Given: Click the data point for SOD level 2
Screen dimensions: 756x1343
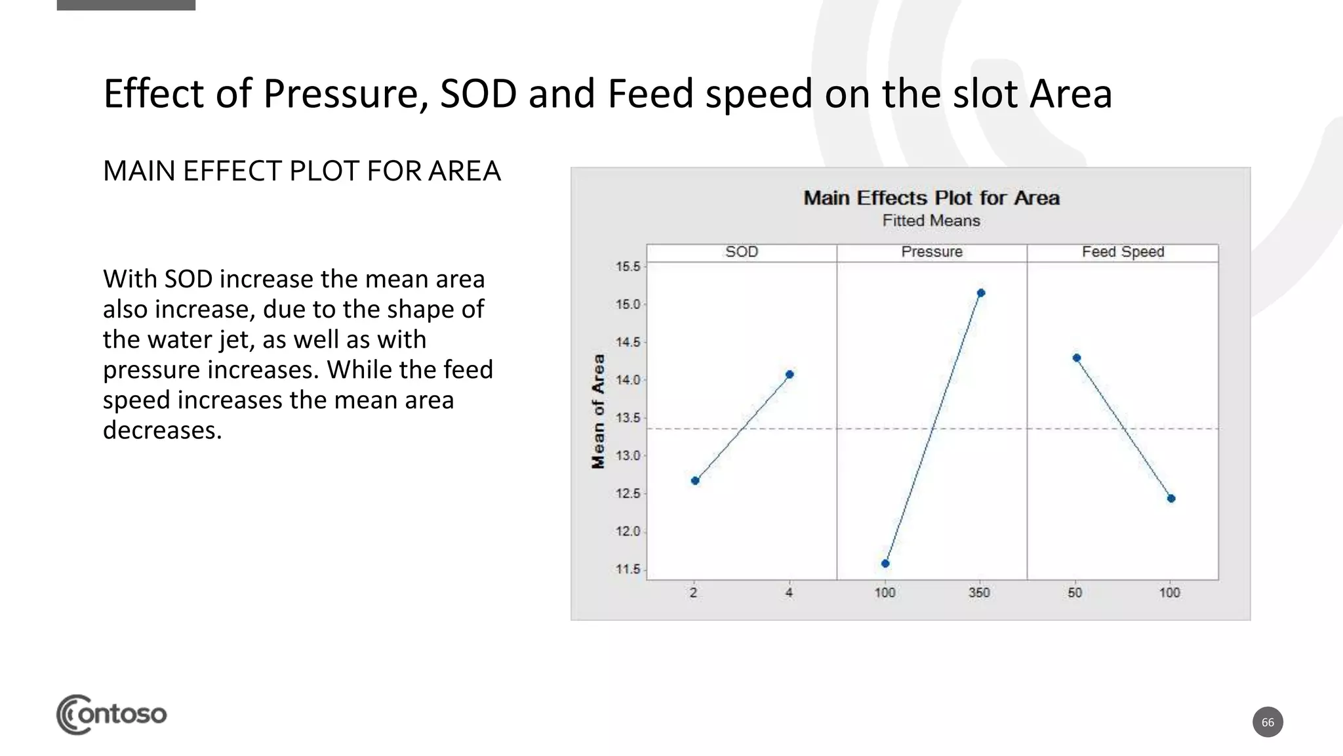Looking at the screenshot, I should (695, 480).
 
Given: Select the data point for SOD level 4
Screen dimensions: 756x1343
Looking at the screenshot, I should (790, 374).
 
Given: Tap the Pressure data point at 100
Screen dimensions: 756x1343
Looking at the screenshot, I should (885, 563).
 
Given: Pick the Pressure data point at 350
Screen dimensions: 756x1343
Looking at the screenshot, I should (981, 293).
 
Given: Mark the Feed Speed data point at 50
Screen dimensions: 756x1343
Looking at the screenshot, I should (1077, 358).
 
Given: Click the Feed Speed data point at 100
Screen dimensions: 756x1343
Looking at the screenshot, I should (1171, 498).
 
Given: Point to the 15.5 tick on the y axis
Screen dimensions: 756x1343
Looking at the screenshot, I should (628, 266).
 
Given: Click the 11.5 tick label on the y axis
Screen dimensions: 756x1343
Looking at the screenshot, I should (628, 569).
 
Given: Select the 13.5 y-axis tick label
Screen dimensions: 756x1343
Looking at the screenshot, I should (628, 418).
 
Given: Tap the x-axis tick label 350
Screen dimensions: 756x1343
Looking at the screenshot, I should (979, 593).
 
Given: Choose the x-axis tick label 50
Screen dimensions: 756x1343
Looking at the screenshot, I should (1075, 593).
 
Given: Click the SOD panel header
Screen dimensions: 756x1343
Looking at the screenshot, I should (742, 252).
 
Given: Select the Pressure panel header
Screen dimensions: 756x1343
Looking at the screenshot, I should (932, 252).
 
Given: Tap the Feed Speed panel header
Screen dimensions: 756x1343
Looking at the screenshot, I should (1123, 252).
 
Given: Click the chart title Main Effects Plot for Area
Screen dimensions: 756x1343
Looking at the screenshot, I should (931, 198).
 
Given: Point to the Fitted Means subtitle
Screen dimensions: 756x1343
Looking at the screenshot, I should (931, 220).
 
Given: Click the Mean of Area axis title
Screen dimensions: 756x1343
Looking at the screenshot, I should (598, 411).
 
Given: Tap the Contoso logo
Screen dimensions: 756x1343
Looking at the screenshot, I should (111, 714).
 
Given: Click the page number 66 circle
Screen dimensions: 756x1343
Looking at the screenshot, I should (1268, 722).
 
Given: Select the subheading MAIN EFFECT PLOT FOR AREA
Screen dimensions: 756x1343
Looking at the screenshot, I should (302, 171).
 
